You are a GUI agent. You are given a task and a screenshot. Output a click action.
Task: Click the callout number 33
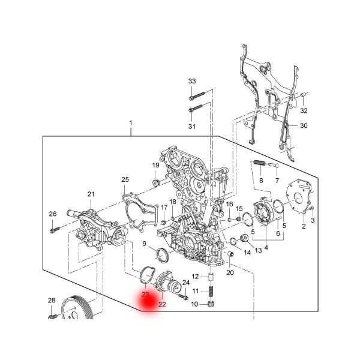[x=192, y=81]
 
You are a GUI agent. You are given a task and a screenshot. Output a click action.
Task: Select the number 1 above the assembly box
[x=130, y=124]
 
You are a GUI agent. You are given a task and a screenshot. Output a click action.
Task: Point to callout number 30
[x=304, y=125]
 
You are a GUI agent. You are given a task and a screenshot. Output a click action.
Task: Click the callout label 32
[x=304, y=111]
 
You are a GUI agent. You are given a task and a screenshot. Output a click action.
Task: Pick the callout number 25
[x=125, y=179]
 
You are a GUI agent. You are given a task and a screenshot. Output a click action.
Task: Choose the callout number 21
[x=91, y=194]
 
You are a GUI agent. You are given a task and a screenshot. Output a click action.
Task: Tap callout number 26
[x=52, y=214]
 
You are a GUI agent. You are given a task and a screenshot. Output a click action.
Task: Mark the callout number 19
[x=155, y=166]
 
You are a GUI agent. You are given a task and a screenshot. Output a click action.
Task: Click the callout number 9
[x=145, y=244]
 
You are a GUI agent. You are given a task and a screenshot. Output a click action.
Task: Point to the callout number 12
[x=195, y=277]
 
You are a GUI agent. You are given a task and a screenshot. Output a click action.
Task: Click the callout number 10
[x=194, y=305]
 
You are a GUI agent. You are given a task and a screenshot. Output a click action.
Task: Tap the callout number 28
[x=52, y=300]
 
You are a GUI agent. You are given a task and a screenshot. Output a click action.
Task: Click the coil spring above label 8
[x=258, y=163]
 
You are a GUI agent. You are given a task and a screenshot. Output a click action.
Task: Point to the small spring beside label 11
[x=211, y=292]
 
